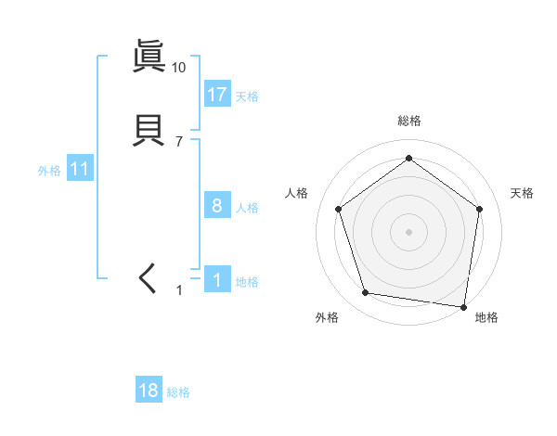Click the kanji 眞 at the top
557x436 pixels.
coord(149,57)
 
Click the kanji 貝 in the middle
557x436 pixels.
coord(149,129)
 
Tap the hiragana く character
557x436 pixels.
coord(149,277)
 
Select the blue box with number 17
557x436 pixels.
coord(217,95)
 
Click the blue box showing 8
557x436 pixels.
coord(217,206)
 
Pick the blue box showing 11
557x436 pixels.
coord(79,170)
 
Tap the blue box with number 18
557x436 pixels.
coord(149,391)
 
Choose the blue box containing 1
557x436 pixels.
coord(217,280)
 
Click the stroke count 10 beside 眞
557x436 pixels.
coord(179,68)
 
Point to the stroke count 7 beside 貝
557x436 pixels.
coord(179,142)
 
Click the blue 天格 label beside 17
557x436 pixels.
coord(247,96)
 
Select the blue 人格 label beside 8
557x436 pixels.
coord(247,208)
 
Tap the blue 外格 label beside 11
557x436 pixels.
coord(49,171)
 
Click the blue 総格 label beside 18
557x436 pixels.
coord(178,392)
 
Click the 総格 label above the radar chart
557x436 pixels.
coord(408,122)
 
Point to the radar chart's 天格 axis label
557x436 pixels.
coord(522,193)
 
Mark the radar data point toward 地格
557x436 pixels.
coord(463,305)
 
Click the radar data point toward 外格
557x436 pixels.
coord(366,293)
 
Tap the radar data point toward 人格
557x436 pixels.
coord(338,209)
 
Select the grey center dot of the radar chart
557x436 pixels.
coord(408,231)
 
